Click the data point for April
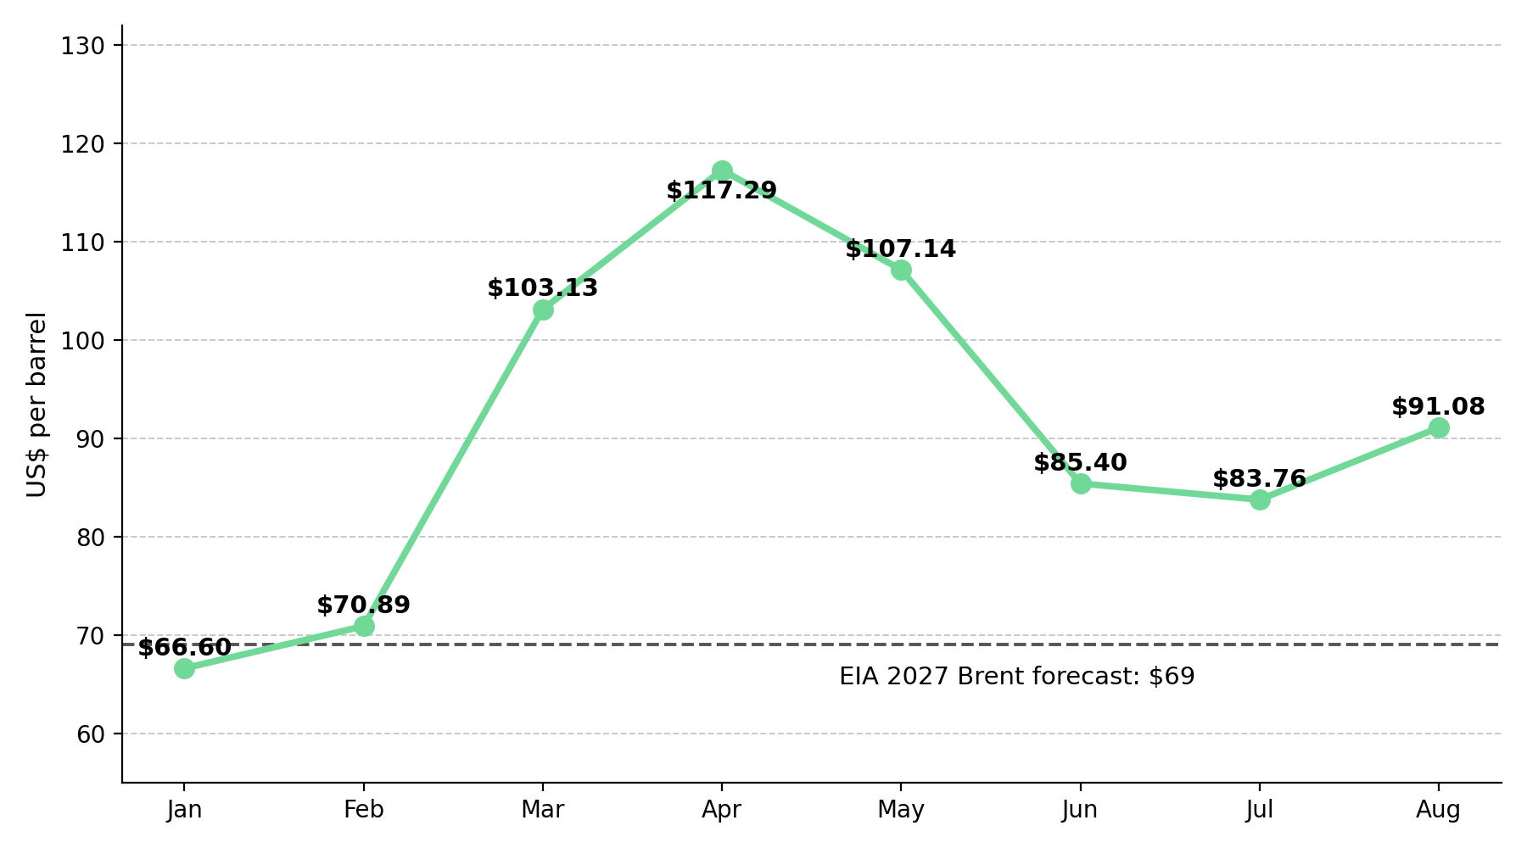click(x=722, y=170)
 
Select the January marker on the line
click(x=184, y=668)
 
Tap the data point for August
click(x=1439, y=427)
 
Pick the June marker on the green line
click(x=1081, y=483)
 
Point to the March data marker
click(x=543, y=310)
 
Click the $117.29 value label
click(x=722, y=191)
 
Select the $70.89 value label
click(x=363, y=605)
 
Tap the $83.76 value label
click(x=1259, y=479)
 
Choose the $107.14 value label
click(x=901, y=249)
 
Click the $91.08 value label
click(x=1439, y=407)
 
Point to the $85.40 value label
click(x=1080, y=463)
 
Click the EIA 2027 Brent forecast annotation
click(x=1017, y=677)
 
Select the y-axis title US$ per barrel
click(x=36, y=404)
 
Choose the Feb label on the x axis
click(x=364, y=810)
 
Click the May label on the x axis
click(x=901, y=811)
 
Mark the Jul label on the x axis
click(x=1260, y=810)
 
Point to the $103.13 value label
click(x=543, y=288)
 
